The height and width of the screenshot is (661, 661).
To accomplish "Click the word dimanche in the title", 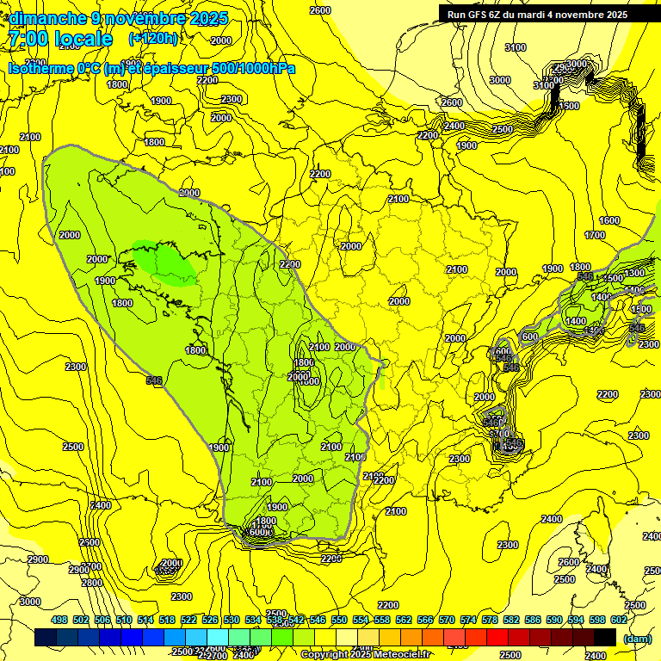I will click(x=43, y=17).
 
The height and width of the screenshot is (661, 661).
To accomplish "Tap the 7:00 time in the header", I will click(x=28, y=39).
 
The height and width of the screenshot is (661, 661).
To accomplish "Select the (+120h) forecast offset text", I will click(x=153, y=38).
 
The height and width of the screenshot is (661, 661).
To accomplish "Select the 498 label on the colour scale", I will click(x=59, y=620).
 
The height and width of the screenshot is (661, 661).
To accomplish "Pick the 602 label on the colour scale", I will click(x=618, y=620).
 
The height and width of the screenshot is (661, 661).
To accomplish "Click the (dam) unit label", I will click(x=637, y=639).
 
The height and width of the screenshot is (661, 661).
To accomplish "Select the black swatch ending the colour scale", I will click(x=605, y=637).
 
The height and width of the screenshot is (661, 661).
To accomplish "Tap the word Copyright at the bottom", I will click(x=325, y=654).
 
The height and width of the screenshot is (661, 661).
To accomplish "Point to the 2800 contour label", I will click(x=91, y=583).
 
